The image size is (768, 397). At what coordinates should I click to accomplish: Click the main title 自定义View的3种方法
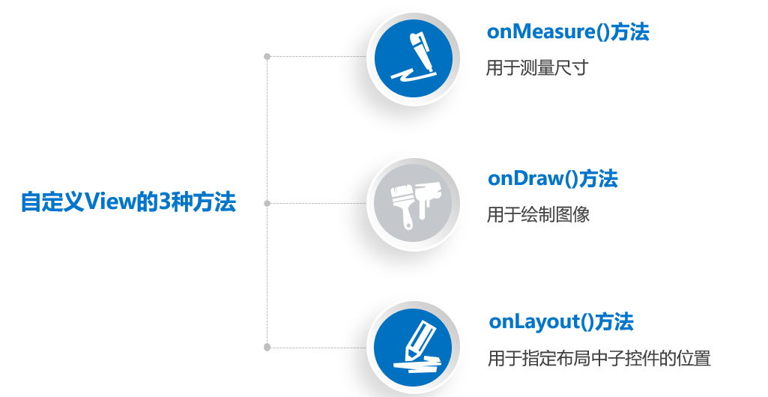point(128,202)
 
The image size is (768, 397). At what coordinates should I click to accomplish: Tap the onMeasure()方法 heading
point(567,32)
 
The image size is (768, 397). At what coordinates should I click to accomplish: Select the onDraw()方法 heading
point(552,178)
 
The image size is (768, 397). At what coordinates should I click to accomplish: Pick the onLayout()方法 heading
point(560,321)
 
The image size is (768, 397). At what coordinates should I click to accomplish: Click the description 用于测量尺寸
point(537,68)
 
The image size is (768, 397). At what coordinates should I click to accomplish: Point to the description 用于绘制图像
point(538,215)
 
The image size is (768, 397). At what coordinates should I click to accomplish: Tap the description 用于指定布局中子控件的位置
point(599,358)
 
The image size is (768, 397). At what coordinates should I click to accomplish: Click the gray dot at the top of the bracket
point(267,56)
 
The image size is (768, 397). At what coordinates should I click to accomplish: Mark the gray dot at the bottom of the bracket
point(267,347)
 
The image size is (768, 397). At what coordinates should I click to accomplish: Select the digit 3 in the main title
point(166,202)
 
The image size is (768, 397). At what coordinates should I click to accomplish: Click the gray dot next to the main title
point(267,202)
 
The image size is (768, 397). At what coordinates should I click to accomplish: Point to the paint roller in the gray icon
point(427,196)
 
